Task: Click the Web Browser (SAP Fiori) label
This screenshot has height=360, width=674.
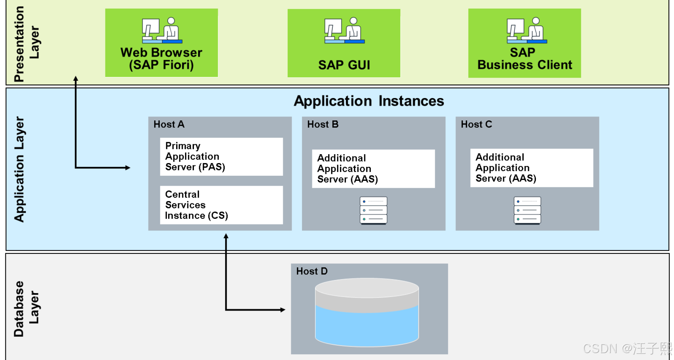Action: pos(161,58)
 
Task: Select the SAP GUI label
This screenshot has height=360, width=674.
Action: pos(344,65)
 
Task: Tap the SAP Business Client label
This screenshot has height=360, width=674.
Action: pos(525,58)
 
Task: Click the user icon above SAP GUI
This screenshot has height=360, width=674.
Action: pos(344,30)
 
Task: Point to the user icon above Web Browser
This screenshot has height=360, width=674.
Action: pos(162,30)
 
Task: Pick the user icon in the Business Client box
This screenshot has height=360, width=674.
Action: pos(527,30)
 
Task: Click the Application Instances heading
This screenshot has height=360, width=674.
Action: pos(369,101)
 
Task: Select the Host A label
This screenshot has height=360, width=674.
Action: pos(169,124)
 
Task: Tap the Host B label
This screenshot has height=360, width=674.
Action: pos(323,124)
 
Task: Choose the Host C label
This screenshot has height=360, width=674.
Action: pos(476,124)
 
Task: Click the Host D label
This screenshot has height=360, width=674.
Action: pos(312,271)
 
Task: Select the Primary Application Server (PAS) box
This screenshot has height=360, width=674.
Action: pos(221,157)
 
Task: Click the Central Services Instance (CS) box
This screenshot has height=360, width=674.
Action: pos(221,205)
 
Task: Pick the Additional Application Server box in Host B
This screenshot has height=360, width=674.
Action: pos(373,169)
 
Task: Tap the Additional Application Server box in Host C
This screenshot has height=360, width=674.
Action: pos(532,168)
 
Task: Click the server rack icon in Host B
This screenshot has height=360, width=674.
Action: pos(374,210)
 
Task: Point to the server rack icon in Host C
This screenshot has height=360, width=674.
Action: pos(527,210)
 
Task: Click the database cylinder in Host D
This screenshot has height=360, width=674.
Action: pos(367,312)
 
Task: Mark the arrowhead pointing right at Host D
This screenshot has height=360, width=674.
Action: pos(283,310)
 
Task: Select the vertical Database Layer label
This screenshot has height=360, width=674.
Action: pos(26,309)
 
